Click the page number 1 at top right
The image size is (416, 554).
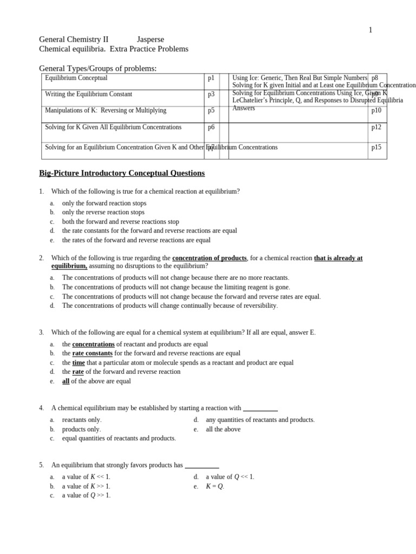tap(370, 30)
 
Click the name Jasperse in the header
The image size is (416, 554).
tap(150, 39)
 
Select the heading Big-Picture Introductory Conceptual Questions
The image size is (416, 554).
tap(122, 173)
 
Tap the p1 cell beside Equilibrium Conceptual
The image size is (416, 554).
tap(211, 78)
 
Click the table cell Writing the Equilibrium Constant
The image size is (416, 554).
tap(88, 94)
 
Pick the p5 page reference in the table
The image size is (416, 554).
tap(211, 110)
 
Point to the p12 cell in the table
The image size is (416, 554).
tap(376, 127)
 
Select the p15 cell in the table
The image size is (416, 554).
tap(376, 147)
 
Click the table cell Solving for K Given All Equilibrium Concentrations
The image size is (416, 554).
tap(113, 127)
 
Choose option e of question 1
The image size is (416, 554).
tap(136, 240)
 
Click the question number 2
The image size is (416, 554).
tap(41, 258)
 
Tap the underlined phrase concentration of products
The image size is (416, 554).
tap(209, 258)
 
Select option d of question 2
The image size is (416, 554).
tap(170, 306)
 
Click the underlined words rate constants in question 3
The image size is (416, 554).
tap(92, 353)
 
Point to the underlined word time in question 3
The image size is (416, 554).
tap(79, 362)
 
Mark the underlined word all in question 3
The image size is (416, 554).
tap(66, 381)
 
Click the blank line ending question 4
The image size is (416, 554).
tap(260, 408)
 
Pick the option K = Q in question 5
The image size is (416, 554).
tap(214, 486)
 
